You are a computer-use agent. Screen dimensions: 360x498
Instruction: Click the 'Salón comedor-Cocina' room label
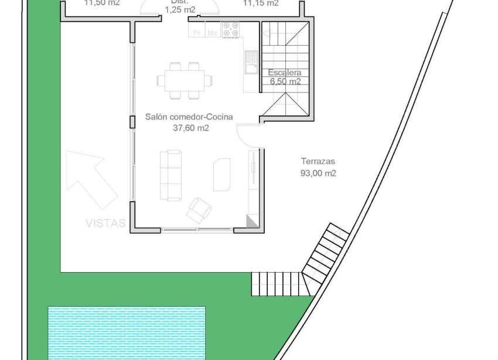tap(189, 117)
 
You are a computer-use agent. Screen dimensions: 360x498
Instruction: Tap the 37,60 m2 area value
tap(189, 128)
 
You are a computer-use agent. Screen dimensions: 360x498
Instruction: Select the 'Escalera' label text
tap(285, 73)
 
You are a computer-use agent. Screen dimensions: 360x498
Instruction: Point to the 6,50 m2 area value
tap(285, 82)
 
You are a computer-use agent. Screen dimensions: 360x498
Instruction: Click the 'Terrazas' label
tap(318, 162)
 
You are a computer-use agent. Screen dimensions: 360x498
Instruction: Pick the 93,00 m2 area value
tap(318, 173)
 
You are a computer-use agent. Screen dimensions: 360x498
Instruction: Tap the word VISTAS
tap(105, 223)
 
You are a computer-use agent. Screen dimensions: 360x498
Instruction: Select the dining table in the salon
tap(185, 79)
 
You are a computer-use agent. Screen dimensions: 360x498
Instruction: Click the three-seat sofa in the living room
tap(170, 174)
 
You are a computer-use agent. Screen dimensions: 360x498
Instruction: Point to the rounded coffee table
tap(221, 174)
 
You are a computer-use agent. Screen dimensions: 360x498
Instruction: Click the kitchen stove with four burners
tap(230, 30)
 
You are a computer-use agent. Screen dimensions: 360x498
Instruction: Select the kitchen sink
tap(251, 62)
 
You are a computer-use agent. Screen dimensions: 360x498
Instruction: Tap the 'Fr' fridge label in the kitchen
tap(197, 33)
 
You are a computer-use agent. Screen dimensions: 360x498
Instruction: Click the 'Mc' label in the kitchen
tap(212, 33)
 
